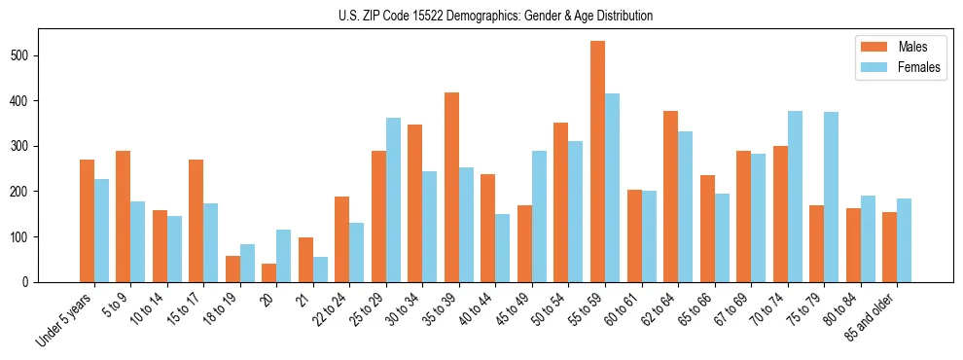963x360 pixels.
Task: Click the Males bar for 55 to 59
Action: tap(597, 162)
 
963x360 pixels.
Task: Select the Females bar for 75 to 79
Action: tap(831, 197)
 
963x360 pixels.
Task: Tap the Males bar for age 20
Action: tap(269, 272)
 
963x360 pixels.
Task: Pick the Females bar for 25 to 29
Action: tap(393, 199)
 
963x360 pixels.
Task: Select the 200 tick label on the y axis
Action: tap(28, 192)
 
